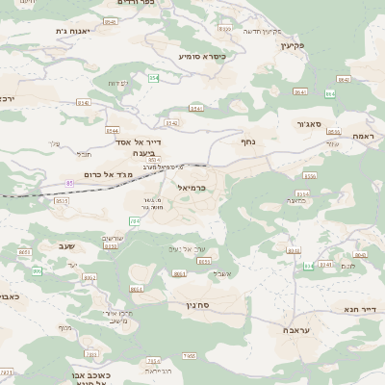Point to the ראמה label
tap(363, 136)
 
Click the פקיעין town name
tap(294, 45)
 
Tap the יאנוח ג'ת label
tap(73, 31)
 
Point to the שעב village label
tap(65, 246)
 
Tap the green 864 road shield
tap(331, 93)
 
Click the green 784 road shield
tap(135, 221)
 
